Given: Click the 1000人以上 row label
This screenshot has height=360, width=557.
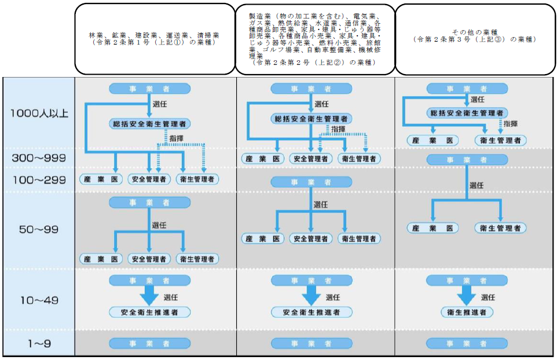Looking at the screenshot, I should tap(39, 113).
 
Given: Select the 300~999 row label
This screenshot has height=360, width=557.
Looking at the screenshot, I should tap(39, 157).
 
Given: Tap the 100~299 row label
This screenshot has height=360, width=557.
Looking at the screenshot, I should tap(39, 179).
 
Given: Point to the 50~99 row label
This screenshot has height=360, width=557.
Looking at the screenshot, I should tap(39, 229).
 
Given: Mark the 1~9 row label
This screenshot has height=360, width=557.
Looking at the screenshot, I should tap(39, 344).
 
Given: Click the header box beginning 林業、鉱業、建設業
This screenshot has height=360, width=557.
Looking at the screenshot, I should tap(154, 39).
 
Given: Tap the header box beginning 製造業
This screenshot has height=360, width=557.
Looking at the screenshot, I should tap(314, 39).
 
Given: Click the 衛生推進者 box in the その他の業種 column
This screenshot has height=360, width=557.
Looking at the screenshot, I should tap(467, 313).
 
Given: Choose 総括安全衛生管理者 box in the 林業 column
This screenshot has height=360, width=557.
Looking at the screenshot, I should tap(150, 123).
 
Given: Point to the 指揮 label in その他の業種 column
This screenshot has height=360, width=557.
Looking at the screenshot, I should tap(511, 124).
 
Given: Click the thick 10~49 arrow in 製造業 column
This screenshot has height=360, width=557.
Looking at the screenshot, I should tap(312, 296).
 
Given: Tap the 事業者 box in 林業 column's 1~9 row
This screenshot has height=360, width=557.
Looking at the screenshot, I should tap(149, 344).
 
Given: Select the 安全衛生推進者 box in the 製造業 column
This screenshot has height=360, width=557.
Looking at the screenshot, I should tap(312, 313).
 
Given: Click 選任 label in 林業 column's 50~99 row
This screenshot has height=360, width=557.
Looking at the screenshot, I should tap(159, 225).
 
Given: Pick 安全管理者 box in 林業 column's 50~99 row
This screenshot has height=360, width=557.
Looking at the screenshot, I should tap(149, 259).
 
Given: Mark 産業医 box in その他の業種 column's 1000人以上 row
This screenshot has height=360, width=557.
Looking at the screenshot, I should tap(433, 140).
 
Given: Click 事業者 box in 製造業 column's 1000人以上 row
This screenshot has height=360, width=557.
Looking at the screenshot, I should tap(312, 89).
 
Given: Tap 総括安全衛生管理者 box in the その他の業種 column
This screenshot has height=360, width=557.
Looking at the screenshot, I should tap(467, 113).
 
